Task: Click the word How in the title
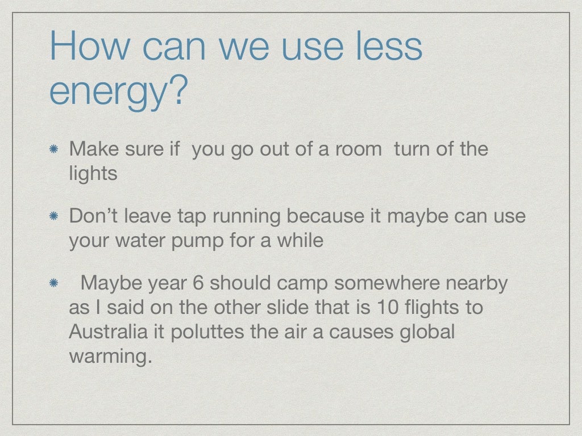click(89, 47)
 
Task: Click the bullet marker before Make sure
click(52, 150)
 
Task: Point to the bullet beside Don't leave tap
click(52, 217)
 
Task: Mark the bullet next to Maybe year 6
click(52, 283)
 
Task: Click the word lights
click(93, 174)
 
